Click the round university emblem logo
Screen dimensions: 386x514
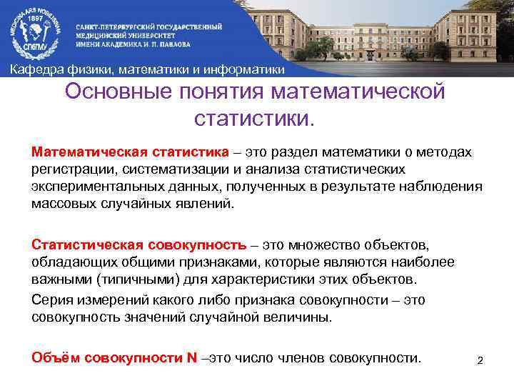click(35, 31)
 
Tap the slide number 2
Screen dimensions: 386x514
click(480, 360)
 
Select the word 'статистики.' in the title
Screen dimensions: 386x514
click(253, 118)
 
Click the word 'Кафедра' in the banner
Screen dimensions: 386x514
click(36, 69)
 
